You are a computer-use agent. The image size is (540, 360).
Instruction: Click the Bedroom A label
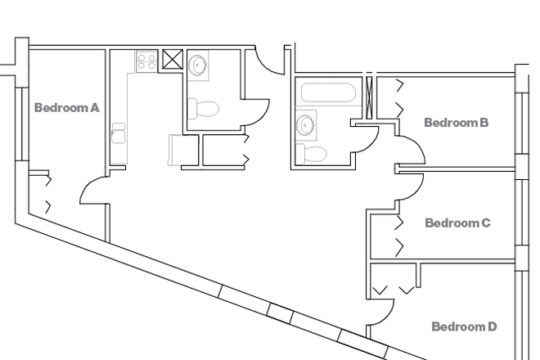pyautogui.click(x=67, y=107)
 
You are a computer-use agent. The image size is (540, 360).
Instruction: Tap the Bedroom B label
pyautogui.click(x=456, y=123)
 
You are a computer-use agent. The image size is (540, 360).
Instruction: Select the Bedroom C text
pyautogui.click(x=457, y=223)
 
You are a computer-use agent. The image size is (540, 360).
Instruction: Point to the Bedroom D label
pyautogui.click(x=464, y=326)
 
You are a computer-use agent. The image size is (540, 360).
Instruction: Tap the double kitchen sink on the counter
pyautogui.click(x=119, y=133)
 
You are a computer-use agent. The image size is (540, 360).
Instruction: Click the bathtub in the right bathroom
pyautogui.click(x=328, y=92)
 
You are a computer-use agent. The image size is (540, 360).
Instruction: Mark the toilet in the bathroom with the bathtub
pyautogui.click(x=312, y=153)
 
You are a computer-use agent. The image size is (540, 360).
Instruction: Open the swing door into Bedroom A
pyautogui.click(x=92, y=191)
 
